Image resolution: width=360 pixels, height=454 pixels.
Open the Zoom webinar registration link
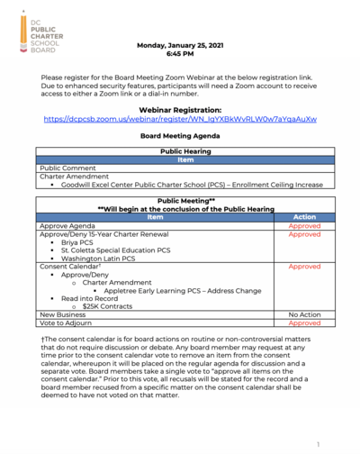(x=179, y=119)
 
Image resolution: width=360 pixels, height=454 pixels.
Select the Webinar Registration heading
(x=179, y=109)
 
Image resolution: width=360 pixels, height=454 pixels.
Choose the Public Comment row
(x=67, y=168)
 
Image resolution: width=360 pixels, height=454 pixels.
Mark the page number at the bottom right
(x=318, y=443)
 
